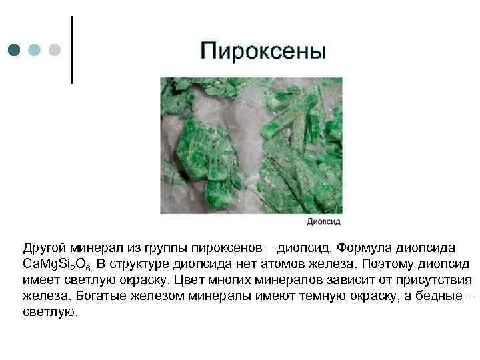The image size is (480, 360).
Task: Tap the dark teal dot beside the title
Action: click(15, 50)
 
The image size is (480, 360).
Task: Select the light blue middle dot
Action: click(35, 50)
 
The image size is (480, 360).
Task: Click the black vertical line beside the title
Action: click(72, 50)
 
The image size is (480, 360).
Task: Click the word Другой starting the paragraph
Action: click(43, 248)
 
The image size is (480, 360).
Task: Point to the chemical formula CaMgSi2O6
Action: click(61, 265)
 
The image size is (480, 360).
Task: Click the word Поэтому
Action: click(389, 264)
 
